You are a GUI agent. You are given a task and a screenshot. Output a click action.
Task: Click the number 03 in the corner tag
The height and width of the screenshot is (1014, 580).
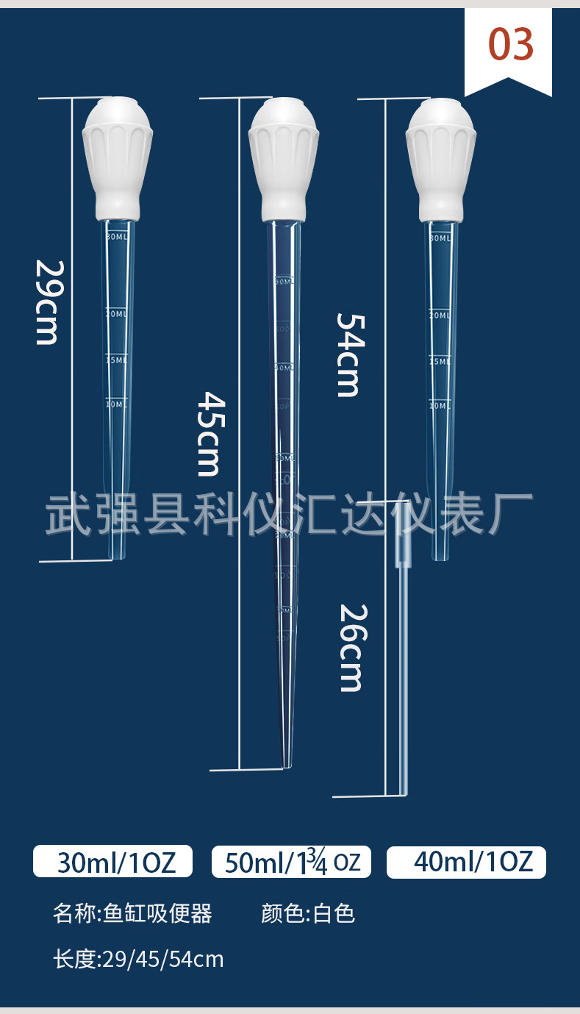coord(511,45)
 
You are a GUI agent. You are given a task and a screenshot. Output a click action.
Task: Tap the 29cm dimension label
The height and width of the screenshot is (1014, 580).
coord(47,302)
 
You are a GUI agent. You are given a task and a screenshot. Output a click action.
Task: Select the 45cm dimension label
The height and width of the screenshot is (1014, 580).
coord(210,433)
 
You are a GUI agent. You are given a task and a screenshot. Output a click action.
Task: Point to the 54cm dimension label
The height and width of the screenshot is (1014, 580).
coord(348,354)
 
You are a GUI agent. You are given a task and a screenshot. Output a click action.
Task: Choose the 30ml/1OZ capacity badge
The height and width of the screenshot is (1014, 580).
coord(113,861)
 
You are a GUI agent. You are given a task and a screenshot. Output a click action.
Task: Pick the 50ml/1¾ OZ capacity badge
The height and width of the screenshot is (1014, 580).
coord(292,862)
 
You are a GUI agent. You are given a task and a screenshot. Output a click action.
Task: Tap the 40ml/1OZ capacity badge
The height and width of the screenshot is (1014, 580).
coord(467,861)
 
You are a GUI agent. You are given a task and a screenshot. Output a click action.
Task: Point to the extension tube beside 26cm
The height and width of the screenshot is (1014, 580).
coord(403,676)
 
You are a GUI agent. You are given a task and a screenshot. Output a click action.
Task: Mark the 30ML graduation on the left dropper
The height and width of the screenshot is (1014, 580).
coord(116,238)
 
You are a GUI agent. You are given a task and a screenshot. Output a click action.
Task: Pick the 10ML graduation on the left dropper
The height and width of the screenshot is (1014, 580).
coord(116,404)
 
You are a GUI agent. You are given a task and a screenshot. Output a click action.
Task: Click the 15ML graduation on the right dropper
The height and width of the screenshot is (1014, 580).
coord(440,361)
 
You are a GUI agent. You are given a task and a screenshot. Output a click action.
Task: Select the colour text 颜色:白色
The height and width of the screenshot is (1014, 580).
coord(308,913)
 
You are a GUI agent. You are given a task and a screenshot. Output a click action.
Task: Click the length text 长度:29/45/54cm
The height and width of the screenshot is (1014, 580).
coord(138,959)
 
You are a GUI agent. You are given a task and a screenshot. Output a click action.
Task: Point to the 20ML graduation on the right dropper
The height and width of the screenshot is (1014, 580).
coord(440,314)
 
